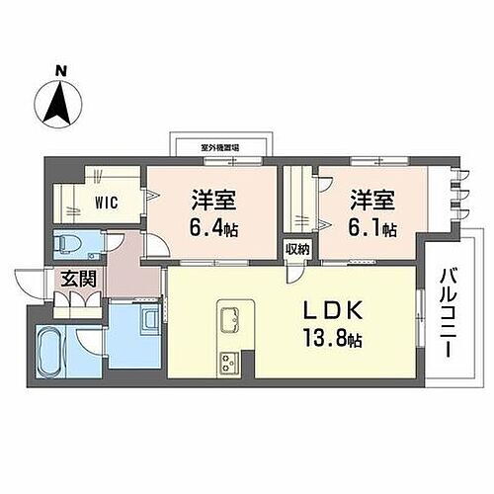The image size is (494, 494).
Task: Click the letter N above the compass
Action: point(60,71)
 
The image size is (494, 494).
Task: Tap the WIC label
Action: point(107,205)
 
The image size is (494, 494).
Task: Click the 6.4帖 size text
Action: point(213,228)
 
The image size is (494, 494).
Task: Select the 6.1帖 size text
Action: point(371,228)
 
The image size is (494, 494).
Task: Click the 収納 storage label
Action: point(297,250)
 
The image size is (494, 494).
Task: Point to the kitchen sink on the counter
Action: point(232,319)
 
